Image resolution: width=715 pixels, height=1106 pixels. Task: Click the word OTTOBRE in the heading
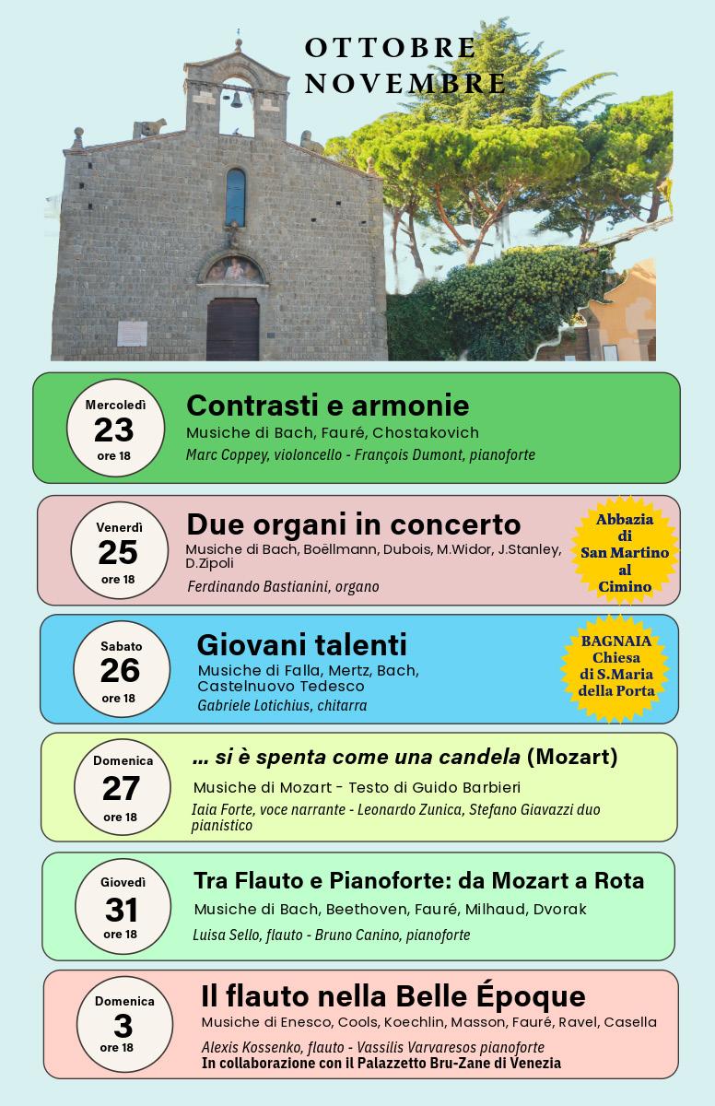coord(391,48)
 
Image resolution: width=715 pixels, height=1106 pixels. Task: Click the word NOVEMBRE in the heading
coord(404,83)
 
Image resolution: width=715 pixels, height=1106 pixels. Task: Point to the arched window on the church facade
coord(236,197)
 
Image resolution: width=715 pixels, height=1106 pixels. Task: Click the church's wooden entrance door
coord(232,329)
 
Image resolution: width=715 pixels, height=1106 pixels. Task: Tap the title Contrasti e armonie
coord(327,406)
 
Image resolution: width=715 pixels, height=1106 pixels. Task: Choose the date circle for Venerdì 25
coord(118,551)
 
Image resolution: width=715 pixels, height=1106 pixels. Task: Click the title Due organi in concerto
coord(353,524)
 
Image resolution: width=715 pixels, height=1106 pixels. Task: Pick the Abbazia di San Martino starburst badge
coord(625,552)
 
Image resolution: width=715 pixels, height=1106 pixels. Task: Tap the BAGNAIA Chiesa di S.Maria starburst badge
coord(616,665)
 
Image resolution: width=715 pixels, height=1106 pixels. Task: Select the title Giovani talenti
coord(301,643)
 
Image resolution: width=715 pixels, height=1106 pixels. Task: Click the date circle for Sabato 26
coord(121,670)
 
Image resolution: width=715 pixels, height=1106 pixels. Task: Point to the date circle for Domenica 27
coord(122,788)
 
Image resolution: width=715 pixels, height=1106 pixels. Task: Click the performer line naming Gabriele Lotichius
coord(282,706)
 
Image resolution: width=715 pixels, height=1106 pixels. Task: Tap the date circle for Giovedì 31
coord(122,908)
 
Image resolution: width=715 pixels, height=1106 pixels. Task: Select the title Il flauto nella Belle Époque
coord(393,996)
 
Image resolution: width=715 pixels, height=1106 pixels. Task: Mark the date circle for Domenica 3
coord(123,1024)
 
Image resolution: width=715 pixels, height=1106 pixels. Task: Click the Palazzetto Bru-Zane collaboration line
coord(381,1064)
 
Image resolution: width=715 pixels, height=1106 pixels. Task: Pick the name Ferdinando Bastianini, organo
coord(283,587)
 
